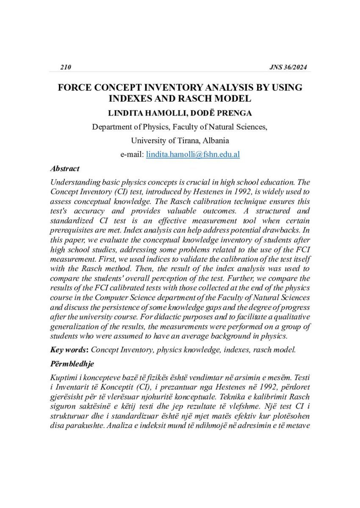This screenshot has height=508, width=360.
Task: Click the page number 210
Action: pos(66,67)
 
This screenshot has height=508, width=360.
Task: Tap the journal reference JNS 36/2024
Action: pos(288,67)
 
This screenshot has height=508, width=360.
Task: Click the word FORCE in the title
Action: pos(75,88)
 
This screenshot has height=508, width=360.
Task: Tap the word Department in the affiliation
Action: pos(112,127)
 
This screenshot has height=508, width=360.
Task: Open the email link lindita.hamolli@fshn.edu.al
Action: pos(193,155)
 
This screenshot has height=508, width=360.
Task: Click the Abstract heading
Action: pos(64,168)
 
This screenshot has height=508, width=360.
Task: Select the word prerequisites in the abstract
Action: pos(71,231)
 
